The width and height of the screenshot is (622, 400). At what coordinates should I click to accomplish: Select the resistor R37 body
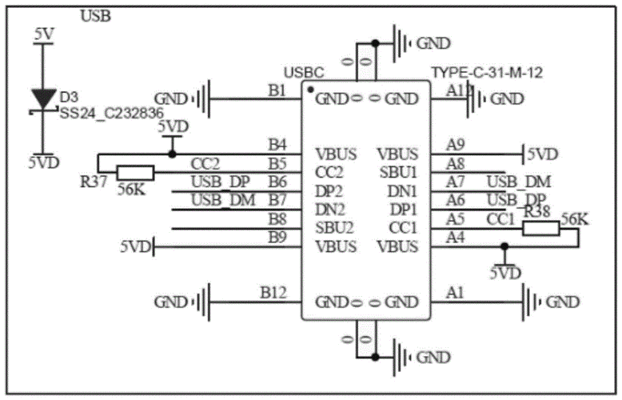point(135,172)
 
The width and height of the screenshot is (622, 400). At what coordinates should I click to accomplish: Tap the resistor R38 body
point(541,229)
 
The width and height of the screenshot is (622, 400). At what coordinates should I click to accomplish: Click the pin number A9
point(456,145)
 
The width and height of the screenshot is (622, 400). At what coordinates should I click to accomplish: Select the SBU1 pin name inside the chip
point(397,173)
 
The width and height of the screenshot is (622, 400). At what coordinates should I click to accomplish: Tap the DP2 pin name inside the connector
point(329,191)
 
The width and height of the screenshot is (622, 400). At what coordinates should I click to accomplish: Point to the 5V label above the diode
point(44,34)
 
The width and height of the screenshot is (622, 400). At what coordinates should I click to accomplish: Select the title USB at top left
point(96,15)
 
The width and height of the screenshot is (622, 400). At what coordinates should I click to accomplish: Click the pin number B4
point(277,145)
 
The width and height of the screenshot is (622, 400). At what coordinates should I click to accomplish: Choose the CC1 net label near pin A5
point(500,218)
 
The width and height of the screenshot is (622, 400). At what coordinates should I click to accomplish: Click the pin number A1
point(455,294)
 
